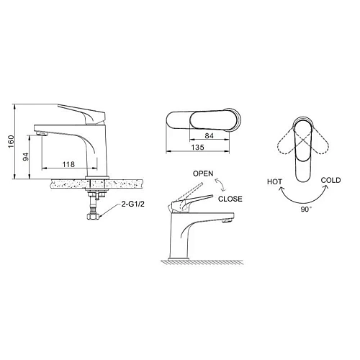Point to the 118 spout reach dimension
[68, 164]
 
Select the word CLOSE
[230, 198]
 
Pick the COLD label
[330, 181]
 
